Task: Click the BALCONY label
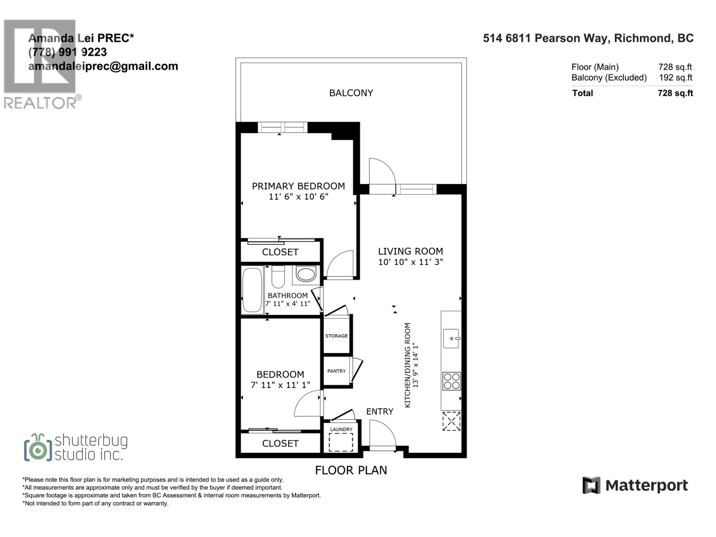click(351, 93)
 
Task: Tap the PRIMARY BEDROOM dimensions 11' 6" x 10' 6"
click(298, 197)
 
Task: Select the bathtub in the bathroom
click(252, 290)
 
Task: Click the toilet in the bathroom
click(278, 277)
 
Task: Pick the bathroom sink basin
click(306, 274)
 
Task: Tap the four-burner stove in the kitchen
click(451, 381)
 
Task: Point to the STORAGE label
click(336, 336)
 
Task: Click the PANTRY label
click(336, 371)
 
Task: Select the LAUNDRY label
click(341, 430)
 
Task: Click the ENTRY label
click(379, 412)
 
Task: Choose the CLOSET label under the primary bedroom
click(280, 252)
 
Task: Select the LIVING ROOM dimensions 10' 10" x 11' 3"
click(410, 262)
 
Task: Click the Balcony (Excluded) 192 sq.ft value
click(675, 78)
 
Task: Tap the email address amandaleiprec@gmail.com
click(103, 66)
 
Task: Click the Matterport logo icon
click(591, 485)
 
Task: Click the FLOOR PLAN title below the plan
click(351, 470)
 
